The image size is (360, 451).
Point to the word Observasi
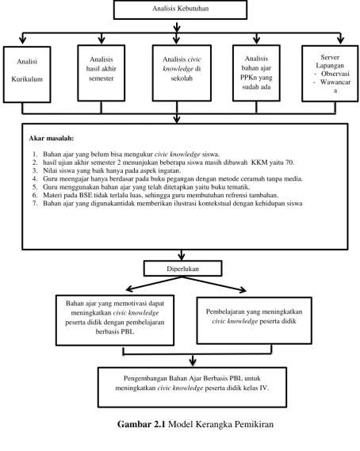click(335, 74)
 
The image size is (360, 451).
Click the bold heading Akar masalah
click(52, 139)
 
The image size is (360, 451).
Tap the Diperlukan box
click(182, 269)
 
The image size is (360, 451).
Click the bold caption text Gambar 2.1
click(141, 424)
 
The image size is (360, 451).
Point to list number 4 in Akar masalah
click(35, 179)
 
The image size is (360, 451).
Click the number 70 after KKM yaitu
click(289, 162)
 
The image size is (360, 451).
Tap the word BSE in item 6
click(86, 195)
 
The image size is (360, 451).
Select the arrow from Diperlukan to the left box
click(154, 284)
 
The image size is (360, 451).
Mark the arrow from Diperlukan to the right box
click(214, 285)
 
